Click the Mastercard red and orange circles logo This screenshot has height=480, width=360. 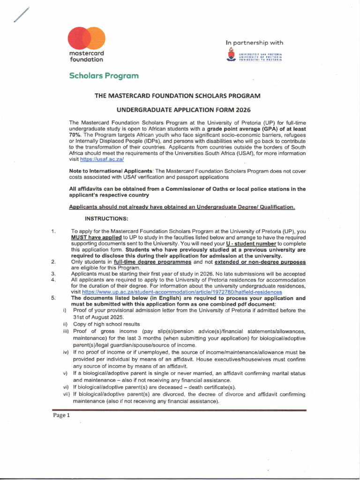(86, 38)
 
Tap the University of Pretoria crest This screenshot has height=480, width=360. (230, 57)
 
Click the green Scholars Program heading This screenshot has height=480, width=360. (104, 75)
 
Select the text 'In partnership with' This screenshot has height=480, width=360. (254, 43)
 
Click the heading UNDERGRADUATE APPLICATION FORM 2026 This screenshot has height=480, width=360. (183, 110)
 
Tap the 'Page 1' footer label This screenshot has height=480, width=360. (61, 415)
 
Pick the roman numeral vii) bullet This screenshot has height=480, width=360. (66, 395)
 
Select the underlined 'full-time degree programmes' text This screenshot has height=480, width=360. (150, 262)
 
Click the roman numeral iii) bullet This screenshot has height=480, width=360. (66, 331)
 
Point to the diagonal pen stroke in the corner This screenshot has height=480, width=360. (21, 15)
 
